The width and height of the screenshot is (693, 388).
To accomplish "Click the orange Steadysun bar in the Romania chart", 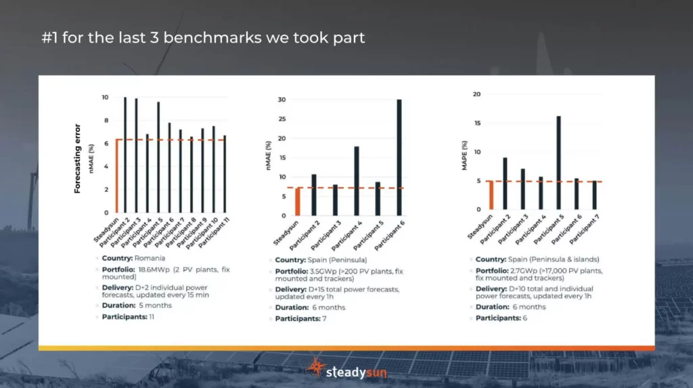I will click(x=117, y=176).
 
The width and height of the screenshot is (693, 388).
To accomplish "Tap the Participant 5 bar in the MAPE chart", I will click(x=558, y=163).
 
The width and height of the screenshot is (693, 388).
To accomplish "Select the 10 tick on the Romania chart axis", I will click(x=104, y=97).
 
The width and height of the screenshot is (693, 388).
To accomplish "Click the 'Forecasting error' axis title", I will click(x=77, y=158).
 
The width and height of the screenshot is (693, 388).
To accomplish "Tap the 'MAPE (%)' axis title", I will click(x=464, y=155).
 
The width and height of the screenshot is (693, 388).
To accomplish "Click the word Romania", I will click(x=149, y=259).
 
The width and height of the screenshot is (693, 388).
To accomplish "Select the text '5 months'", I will click(x=156, y=306).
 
